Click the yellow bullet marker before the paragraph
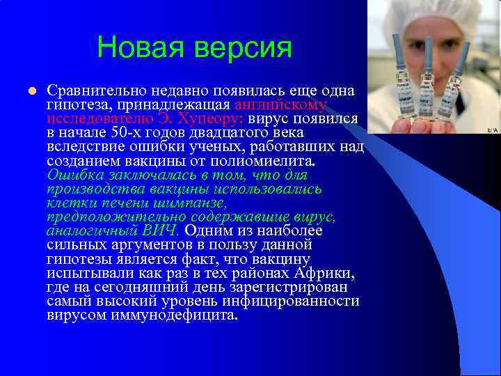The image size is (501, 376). (x=32, y=91)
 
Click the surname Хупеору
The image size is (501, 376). (x=205, y=118)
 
